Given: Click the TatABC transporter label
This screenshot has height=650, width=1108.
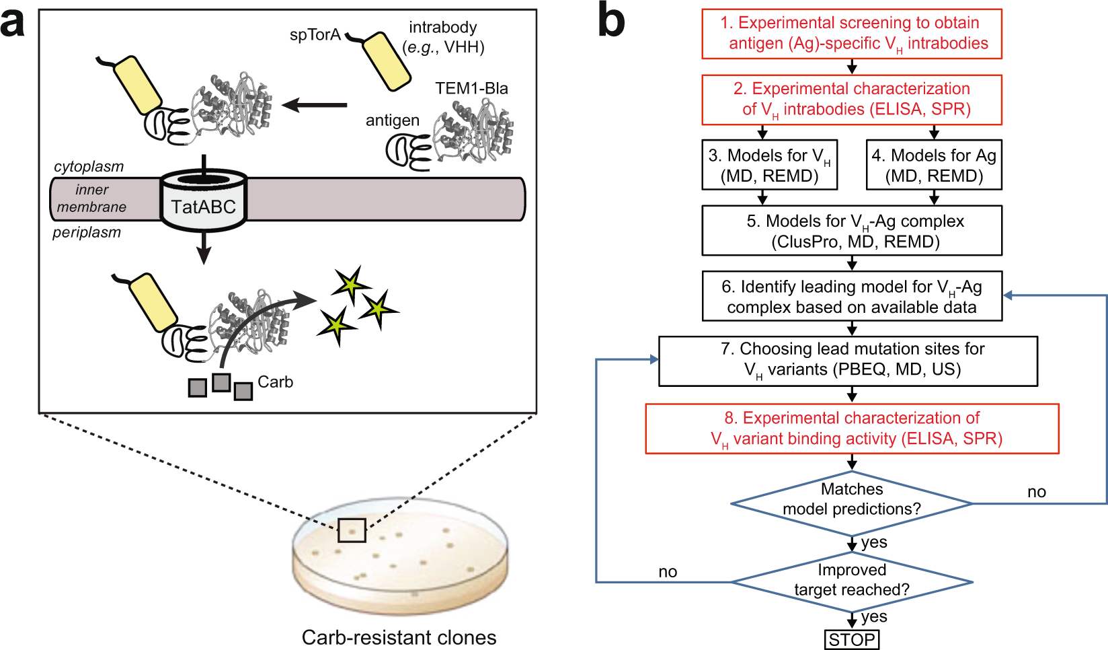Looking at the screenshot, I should [203, 207].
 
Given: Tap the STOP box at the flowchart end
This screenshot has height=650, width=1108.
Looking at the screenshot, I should [851, 639].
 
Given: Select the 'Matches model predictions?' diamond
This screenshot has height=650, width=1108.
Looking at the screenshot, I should [851, 500].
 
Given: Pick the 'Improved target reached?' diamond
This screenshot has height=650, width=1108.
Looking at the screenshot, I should [851, 580].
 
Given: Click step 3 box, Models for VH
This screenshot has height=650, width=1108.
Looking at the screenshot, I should [769, 166].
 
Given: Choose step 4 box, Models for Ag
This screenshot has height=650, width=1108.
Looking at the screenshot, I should [933, 166].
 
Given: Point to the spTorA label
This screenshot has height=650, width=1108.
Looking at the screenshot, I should [315, 35].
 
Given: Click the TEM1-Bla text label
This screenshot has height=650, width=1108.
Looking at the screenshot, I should [471, 89].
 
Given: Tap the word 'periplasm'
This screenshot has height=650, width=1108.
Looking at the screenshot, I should [87, 233].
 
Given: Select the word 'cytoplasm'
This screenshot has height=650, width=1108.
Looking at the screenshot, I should [89, 167].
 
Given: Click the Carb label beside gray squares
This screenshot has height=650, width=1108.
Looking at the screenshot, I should [275, 382].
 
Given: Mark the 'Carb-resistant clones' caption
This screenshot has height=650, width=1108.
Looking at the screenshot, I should [399, 637].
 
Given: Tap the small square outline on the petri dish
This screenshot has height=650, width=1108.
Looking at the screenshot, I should [352, 530].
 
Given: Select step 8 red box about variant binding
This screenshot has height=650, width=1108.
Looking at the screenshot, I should [852, 429].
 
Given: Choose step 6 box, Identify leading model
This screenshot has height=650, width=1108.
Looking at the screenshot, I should [851, 297].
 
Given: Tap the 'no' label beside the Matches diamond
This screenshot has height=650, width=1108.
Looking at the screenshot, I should [1036, 492].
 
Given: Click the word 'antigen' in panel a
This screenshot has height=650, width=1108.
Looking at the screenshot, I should [393, 120].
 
